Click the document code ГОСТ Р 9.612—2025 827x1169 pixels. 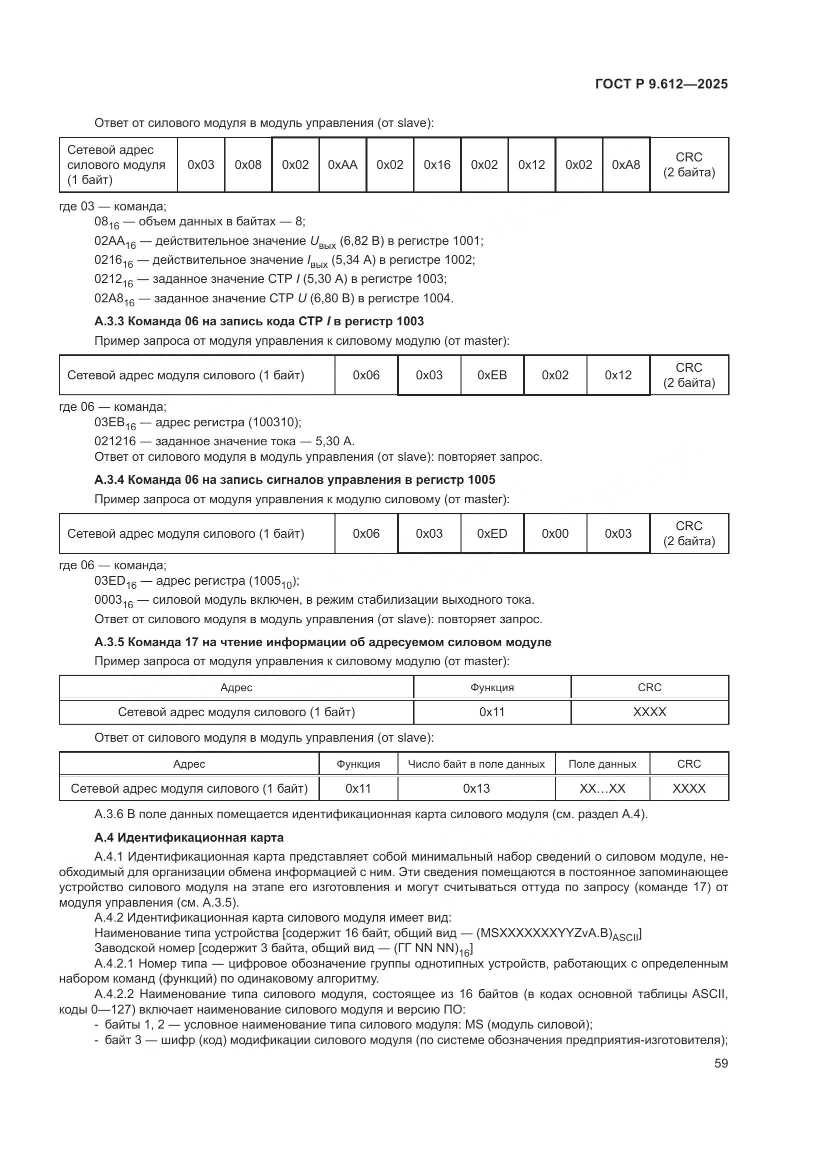[x=661, y=84]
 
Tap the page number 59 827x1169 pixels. [x=720, y=1063]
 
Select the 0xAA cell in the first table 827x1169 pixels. [x=342, y=165]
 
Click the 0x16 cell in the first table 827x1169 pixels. [x=437, y=165]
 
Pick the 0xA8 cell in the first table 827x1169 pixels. [x=626, y=165]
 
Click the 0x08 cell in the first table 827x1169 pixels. [x=248, y=165]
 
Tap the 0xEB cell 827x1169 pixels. [x=492, y=375]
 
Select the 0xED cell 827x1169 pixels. [x=492, y=534]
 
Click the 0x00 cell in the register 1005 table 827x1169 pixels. [x=555, y=534]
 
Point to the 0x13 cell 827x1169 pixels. [x=476, y=789]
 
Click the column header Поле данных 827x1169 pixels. [x=602, y=764]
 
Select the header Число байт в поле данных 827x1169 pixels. [x=476, y=764]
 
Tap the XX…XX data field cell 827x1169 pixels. [x=602, y=789]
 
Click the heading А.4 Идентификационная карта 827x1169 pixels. [x=188, y=838]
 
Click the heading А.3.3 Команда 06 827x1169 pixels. [x=258, y=321]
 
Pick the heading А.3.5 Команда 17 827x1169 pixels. [x=322, y=642]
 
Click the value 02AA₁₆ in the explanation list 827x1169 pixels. [x=114, y=242]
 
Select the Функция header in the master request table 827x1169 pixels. [x=492, y=688]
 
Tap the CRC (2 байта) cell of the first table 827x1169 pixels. [x=688, y=165]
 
